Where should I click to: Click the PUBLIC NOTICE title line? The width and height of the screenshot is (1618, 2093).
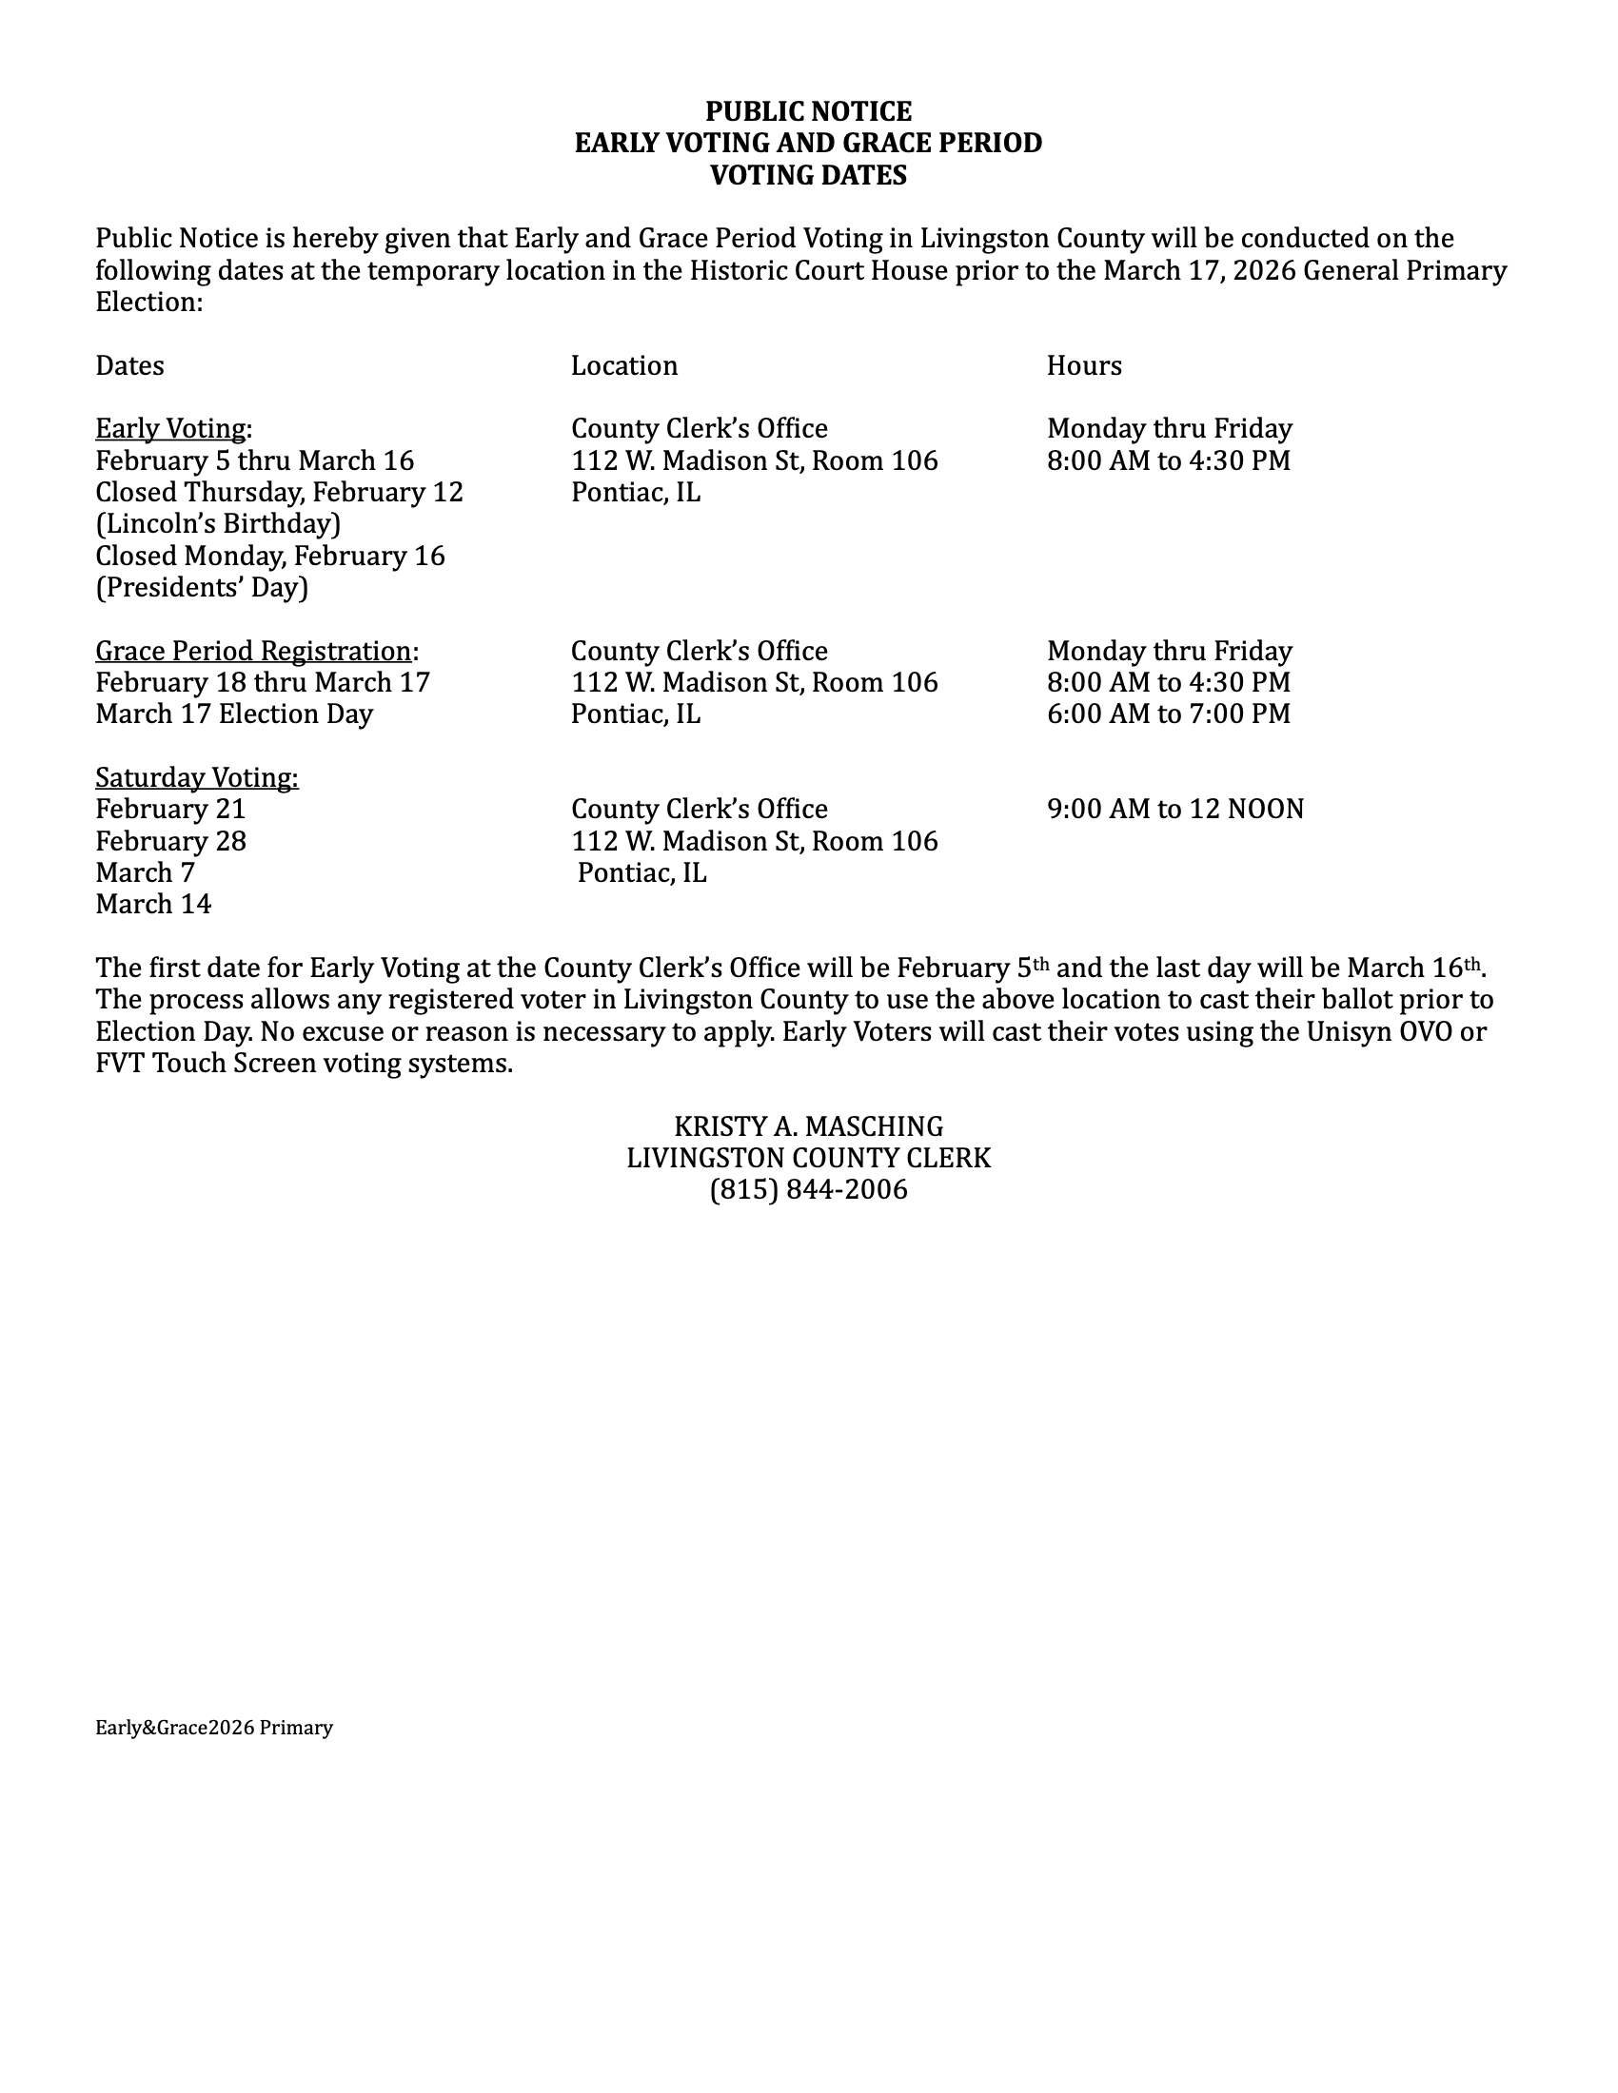[x=808, y=111]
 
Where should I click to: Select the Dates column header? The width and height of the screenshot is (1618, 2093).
[x=129, y=365]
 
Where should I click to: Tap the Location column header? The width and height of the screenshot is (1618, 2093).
[x=624, y=365]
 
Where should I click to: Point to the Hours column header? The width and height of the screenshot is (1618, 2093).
[x=1083, y=365]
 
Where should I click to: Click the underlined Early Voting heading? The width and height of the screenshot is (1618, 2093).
[x=172, y=428]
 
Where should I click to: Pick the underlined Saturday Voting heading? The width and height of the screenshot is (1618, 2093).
[x=196, y=777]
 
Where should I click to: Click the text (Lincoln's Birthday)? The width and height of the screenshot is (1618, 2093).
[x=218, y=523]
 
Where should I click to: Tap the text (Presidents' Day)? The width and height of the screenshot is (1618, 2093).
[x=201, y=586]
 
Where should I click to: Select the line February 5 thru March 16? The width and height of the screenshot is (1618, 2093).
[x=254, y=460]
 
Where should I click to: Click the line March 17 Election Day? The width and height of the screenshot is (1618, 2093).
[x=234, y=714]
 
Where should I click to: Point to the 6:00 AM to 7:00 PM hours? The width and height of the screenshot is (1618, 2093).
[x=1169, y=714]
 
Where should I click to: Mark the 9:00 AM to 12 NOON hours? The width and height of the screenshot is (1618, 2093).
[x=1175, y=809]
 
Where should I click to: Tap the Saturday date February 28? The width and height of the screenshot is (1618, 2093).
[x=170, y=840]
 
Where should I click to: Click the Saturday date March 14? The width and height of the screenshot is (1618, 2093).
[x=152, y=904]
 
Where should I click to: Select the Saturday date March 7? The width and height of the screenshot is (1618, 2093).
[x=145, y=872]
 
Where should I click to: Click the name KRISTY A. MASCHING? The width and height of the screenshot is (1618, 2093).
[x=808, y=1126]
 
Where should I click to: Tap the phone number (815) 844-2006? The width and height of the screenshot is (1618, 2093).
[x=808, y=1189]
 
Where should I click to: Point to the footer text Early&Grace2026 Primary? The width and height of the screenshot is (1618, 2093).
[x=214, y=1727]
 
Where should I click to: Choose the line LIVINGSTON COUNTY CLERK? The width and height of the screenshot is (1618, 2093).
[x=808, y=1158]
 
